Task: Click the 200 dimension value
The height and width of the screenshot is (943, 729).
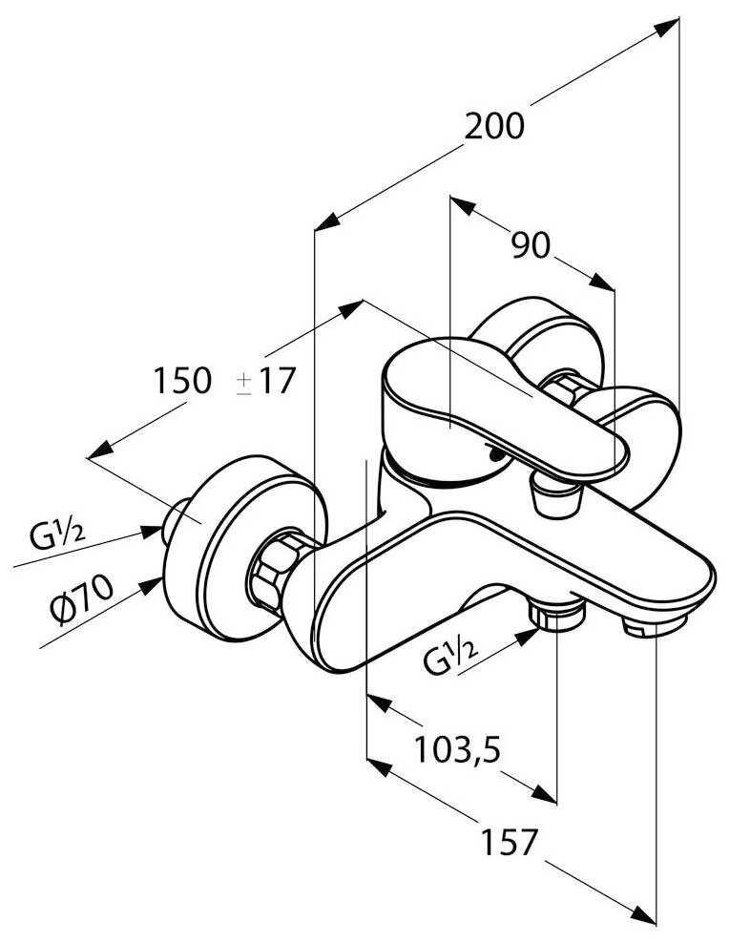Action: tap(494, 125)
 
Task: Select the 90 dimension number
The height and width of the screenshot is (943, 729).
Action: tap(531, 246)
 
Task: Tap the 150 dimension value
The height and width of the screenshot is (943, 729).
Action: tap(182, 381)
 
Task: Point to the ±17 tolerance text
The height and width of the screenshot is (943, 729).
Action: tap(266, 381)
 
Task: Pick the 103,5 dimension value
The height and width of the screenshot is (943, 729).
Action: tap(457, 750)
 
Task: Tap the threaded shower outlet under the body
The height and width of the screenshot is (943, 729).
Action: tap(557, 616)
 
